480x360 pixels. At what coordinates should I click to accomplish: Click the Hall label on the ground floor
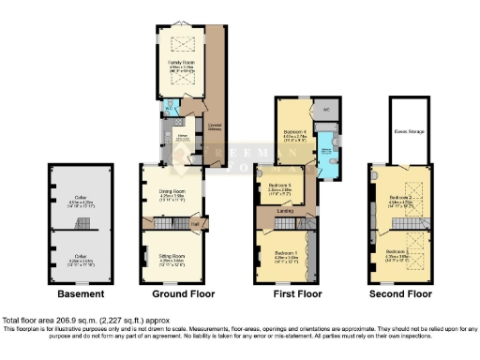pyautogui.click(x=194, y=223)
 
